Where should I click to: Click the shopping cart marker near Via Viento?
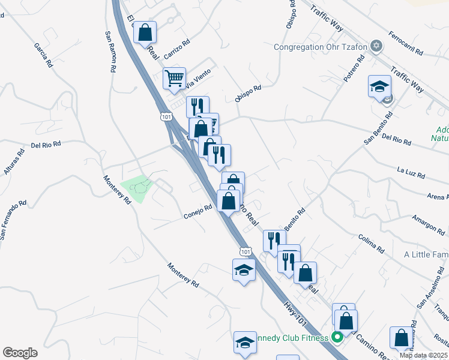(174, 78)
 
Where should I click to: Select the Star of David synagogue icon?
(376, 46)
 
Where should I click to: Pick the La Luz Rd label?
(411, 173)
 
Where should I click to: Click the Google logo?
(20, 353)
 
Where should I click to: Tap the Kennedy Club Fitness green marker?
(337, 337)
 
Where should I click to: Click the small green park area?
(137, 188)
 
